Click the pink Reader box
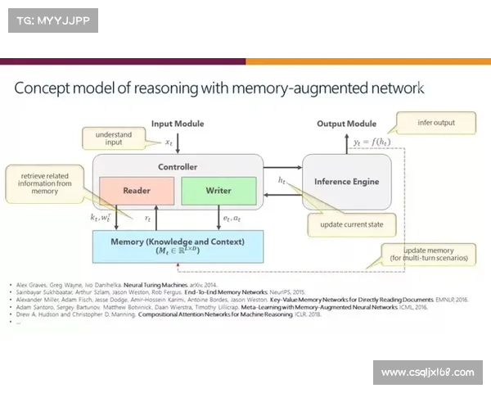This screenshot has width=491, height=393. pos(137,190)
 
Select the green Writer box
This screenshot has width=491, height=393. pos(218,190)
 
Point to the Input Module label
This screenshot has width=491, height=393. pos(178,124)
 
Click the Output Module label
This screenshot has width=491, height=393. pos(346,124)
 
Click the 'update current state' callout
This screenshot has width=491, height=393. pos(351,224)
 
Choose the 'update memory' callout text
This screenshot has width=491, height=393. pos(429,253)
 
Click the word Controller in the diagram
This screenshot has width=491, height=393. pos(178,166)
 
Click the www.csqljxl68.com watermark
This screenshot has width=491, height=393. pos(427,373)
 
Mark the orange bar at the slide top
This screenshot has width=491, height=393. pos(368,59)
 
